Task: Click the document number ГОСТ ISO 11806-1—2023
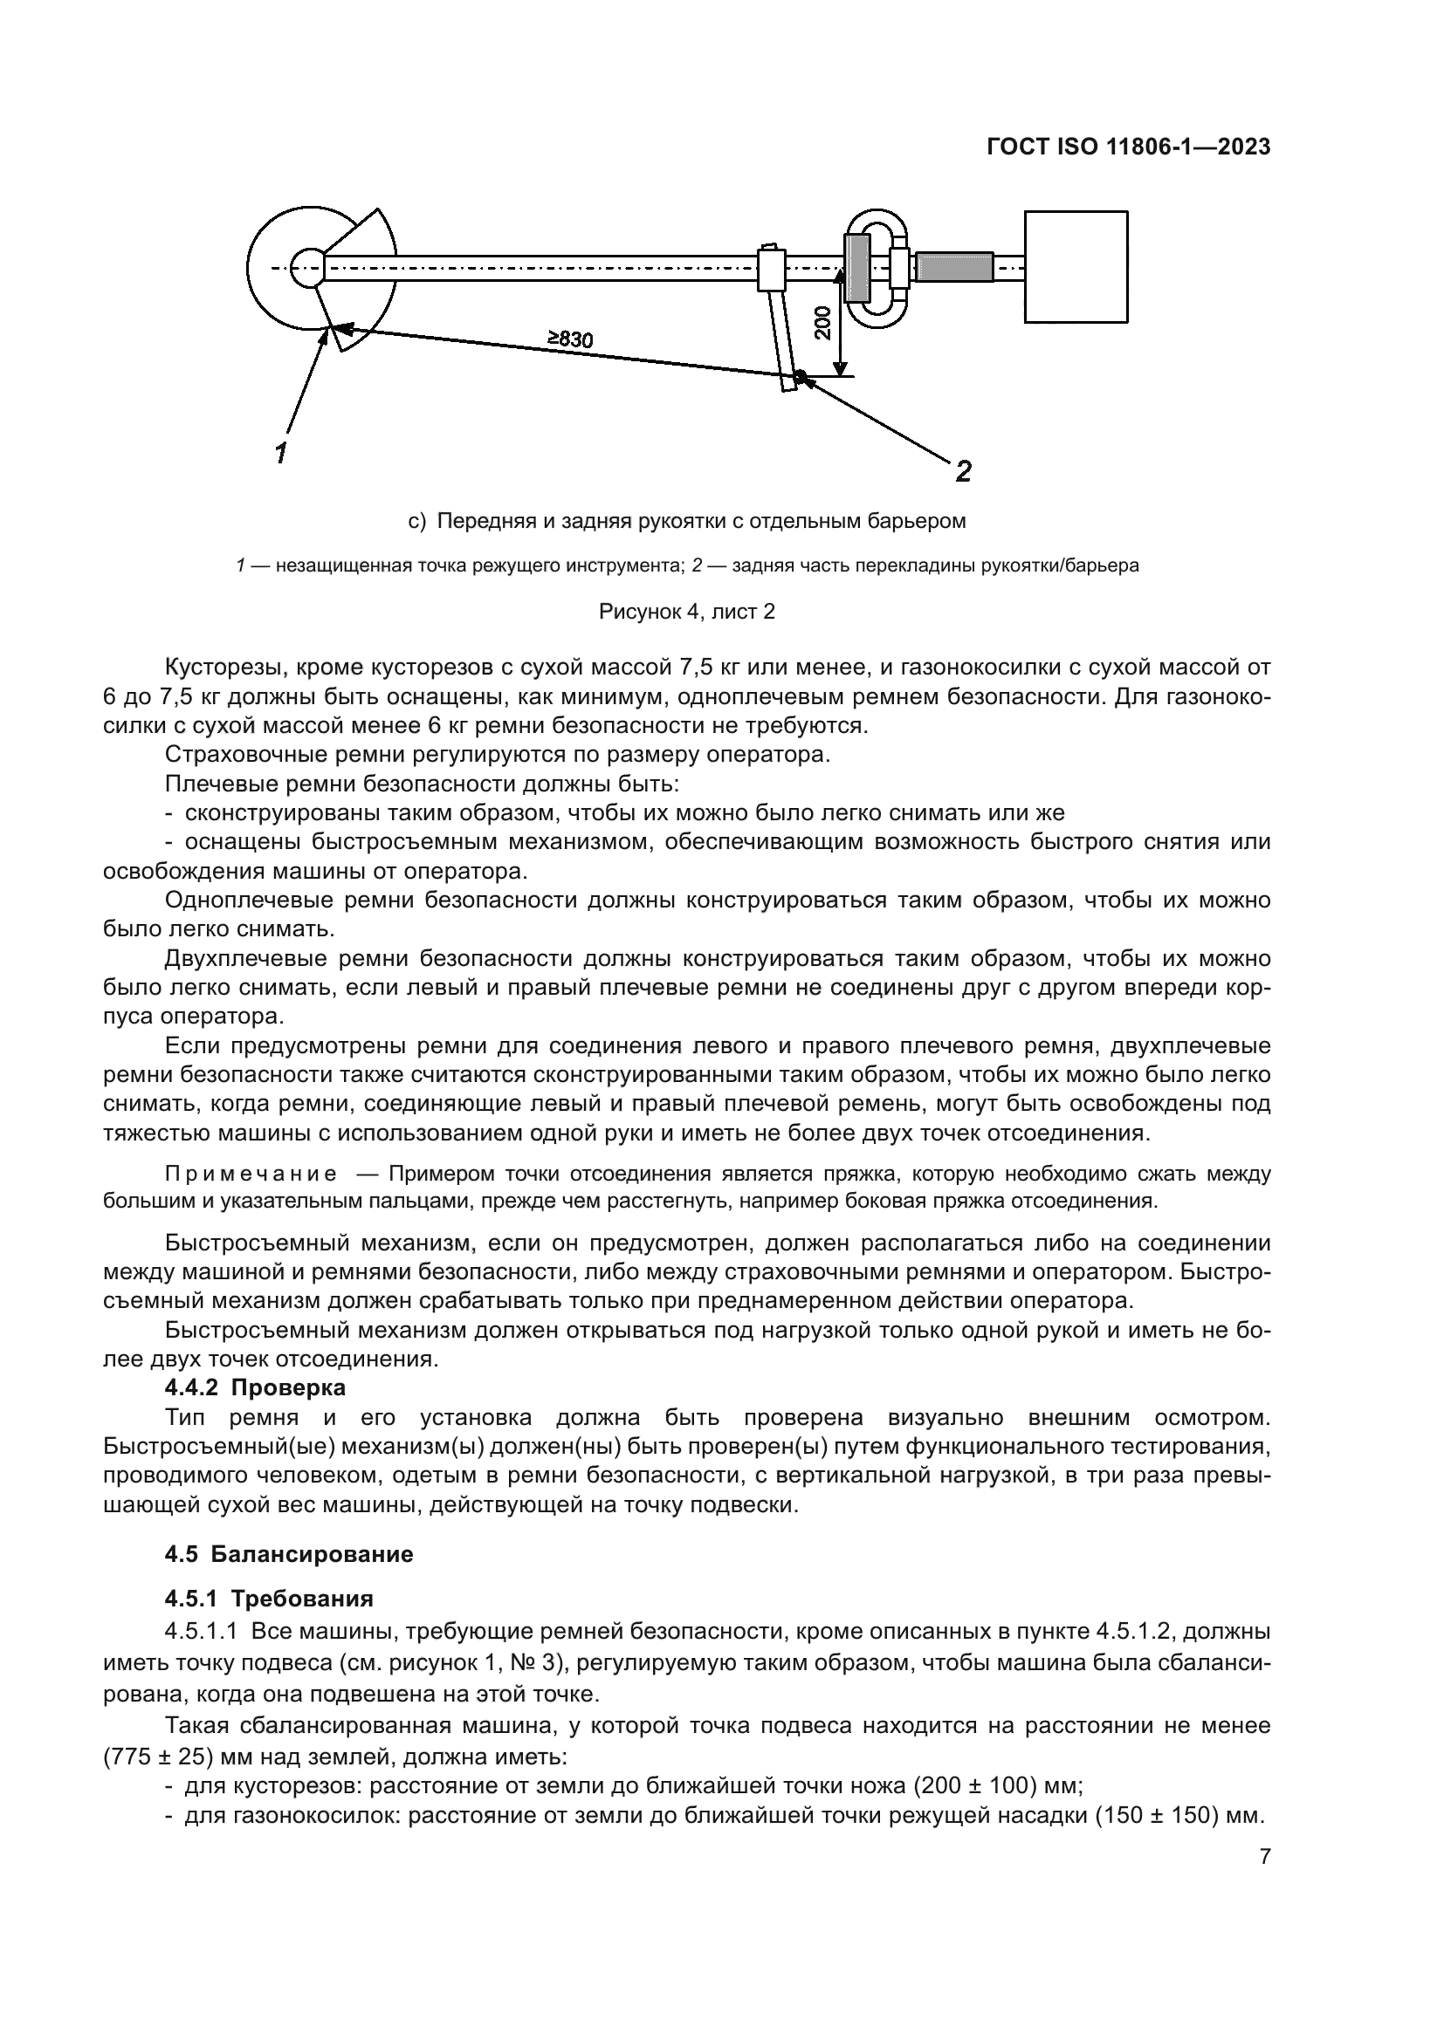[1128, 147]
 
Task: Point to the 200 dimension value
[822, 322]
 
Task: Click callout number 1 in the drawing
[281, 452]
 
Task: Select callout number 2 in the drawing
[962, 470]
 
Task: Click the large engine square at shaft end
[1076, 266]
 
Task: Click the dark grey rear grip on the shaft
[953, 267]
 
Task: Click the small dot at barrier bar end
[800, 376]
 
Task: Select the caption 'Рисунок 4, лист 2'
[686, 612]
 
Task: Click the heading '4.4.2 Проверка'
[255, 1387]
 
